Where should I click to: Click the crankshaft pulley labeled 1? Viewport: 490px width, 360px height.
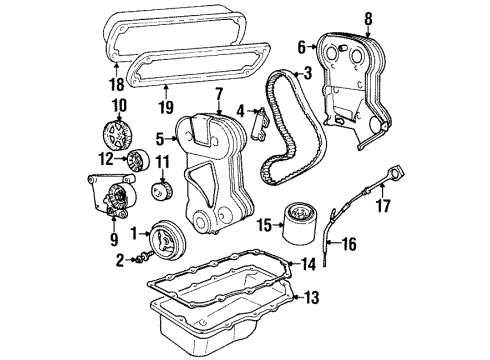point(162,239)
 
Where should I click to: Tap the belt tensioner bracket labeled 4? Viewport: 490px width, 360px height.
point(258,119)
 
